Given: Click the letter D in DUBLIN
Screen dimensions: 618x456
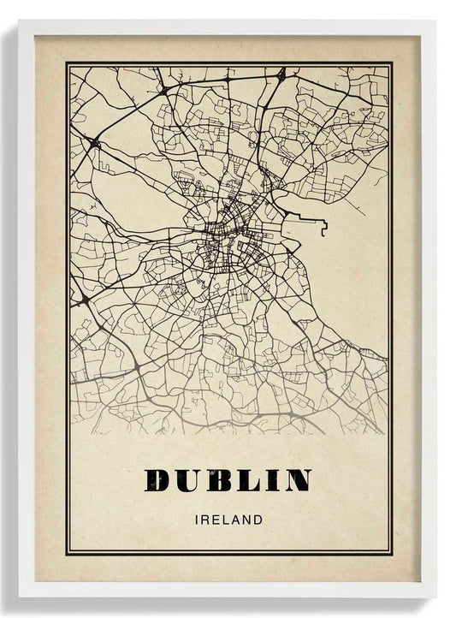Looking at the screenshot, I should pyautogui.click(x=160, y=480).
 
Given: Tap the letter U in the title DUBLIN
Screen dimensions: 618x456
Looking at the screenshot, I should pyautogui.click(x=188, y=480).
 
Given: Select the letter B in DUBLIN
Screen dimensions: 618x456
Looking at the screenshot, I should pyautogui.click(x=216, y=480).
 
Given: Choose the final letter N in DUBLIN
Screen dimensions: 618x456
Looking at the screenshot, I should pyautogui.click(x=293, y=480).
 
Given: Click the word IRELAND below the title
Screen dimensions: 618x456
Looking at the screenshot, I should pyautogui.click(x=228, y=519).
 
